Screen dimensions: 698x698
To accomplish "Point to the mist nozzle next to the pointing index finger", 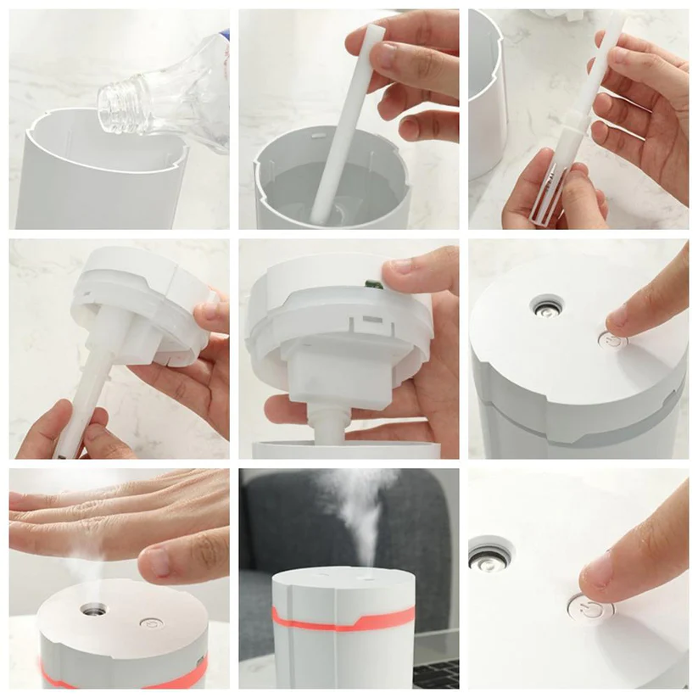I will click(546, 305).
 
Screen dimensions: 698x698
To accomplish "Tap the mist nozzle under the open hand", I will click(92, 608).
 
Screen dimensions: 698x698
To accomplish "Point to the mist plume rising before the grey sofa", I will click(356, 509).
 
